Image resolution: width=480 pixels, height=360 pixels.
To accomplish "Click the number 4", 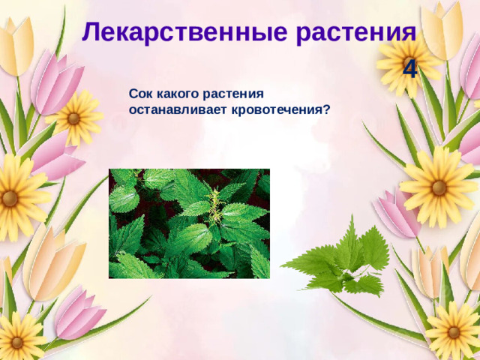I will tap(410, 70).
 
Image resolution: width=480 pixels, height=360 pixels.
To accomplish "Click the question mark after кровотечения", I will tap(327, 109).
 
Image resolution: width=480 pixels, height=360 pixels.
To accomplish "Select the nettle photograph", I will tap(189, 223).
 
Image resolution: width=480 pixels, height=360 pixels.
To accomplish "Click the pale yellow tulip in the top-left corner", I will tap(15, 45).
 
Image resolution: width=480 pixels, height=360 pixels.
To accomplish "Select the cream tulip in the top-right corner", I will tap(442, 30).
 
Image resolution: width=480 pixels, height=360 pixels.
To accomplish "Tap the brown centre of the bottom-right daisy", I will tap(453, 332).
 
